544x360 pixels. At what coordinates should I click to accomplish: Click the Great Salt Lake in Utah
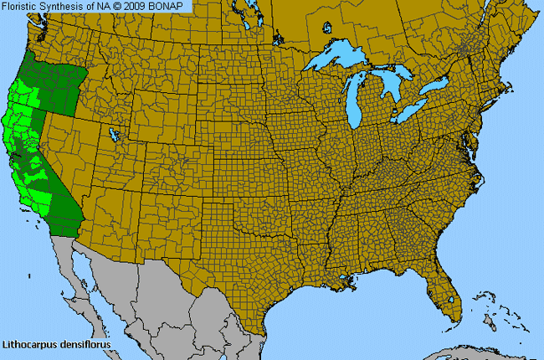pos(115,134)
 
